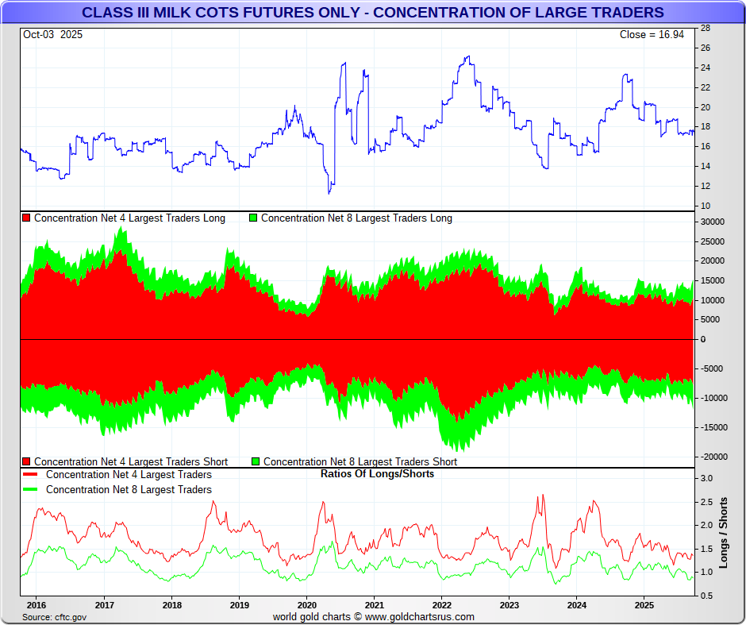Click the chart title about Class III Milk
click(373, 13)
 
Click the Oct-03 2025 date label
click(52, 35)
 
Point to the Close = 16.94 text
click(656, 35)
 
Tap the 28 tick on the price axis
click(705, 28)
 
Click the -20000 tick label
click(713, 457)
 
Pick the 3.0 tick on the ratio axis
click(705, 478)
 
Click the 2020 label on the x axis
click(306, 604)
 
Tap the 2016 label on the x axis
click(37, 604)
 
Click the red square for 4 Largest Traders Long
click(27, 218)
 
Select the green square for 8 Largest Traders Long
click(254, 218)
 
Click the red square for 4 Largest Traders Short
click(27, 461)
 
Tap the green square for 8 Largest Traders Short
click(256, 461)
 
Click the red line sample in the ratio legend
click(32, 475)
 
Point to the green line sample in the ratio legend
click(32, 490)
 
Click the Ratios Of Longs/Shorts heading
click(377, 474)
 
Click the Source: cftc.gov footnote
click(55, 617)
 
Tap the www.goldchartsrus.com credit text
click(420, 617)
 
